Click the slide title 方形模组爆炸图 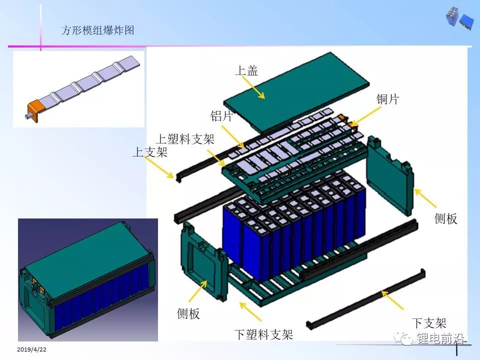pos(97,30)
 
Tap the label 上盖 pos(246,70)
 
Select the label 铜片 pos(387,99)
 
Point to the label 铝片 pos(221,116)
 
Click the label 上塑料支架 pos(185,139)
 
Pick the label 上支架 pos(150,151)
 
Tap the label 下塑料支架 pos(263,334)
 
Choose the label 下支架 pos(429,323)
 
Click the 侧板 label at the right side pos(445,218)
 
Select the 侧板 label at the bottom pos(188,313)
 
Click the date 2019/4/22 pos(31,349)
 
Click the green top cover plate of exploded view pos(296,92)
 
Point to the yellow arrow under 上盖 pos(253,87)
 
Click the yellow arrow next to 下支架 pos(392,300)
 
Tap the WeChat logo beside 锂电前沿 pos(403,338)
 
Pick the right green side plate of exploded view pos(390,176)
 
